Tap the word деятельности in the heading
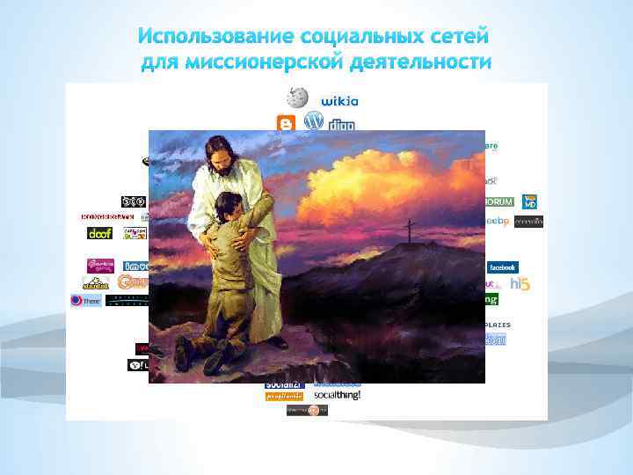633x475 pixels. [x=421, y=62]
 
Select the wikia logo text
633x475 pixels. [x=339, y=100]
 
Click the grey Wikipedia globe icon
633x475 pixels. [x=299, y=98]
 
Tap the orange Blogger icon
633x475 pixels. [x=285, y=123]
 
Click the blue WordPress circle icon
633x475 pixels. [x=313, y=121]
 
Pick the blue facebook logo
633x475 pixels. [x=501, y=267]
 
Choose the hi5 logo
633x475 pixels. [x=520, y=284]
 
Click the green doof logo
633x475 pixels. [x=100, y=233]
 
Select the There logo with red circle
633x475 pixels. [x=85, y=300]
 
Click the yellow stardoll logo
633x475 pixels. [x=96, y=283]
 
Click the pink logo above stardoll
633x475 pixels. [x=100, y=265]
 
